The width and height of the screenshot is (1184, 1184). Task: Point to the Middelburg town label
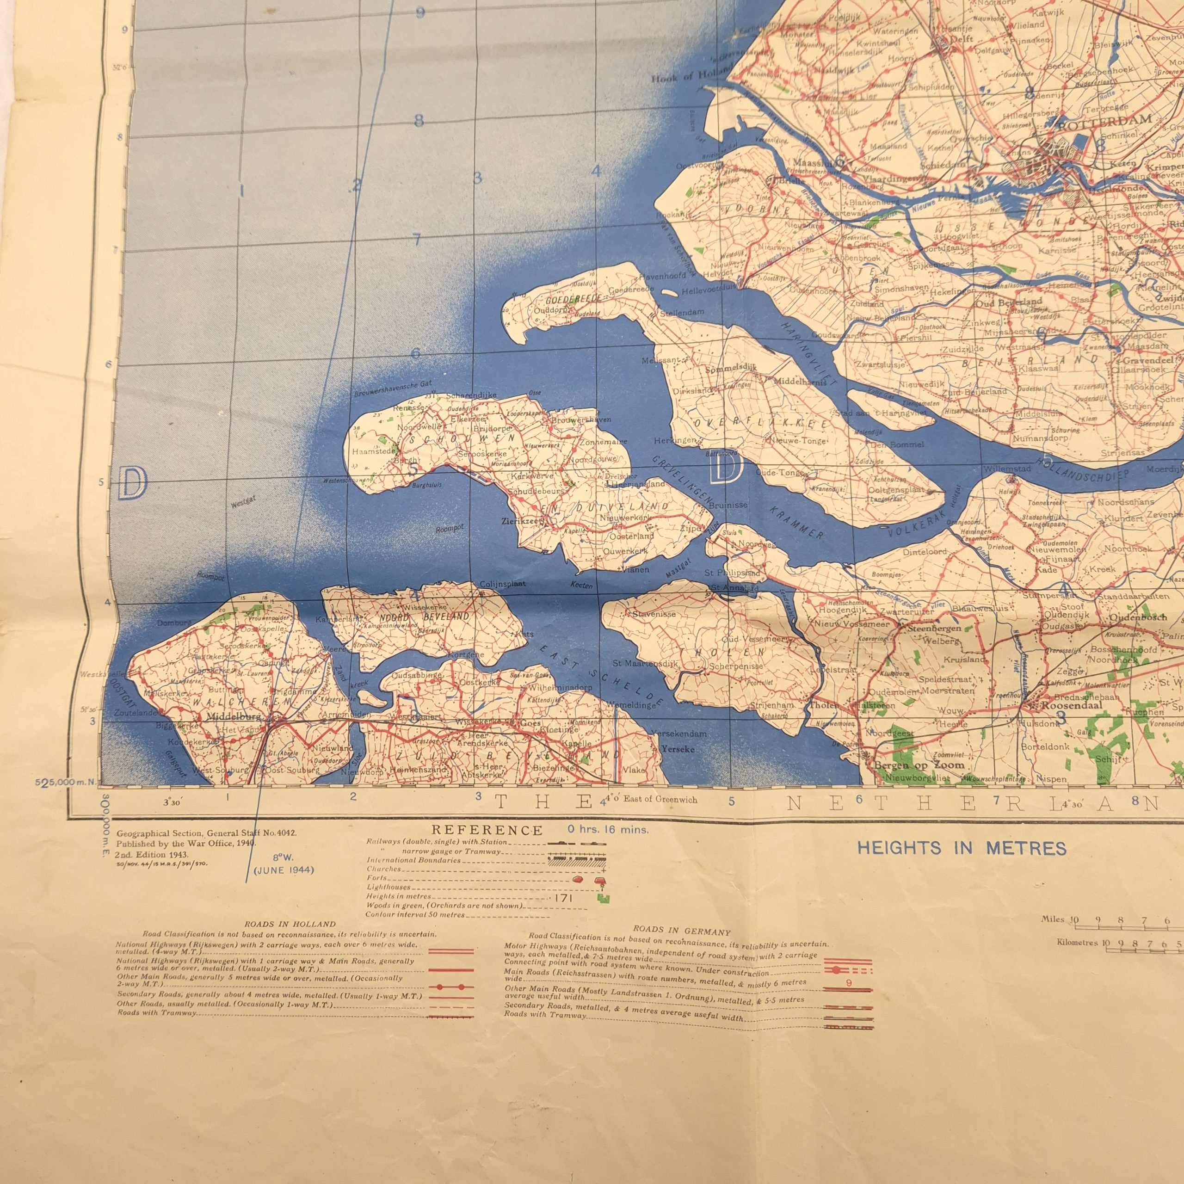234,716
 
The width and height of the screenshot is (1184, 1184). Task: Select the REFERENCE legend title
487,831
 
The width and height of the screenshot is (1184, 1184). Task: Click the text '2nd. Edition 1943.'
152,854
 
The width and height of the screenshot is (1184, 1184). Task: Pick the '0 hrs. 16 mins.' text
607,830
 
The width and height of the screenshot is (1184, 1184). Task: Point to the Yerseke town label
678,749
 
